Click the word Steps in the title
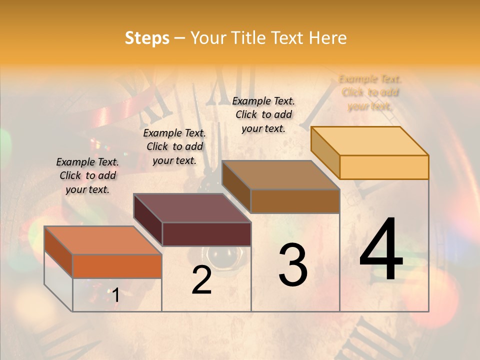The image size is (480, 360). pyautogui.click(x=147, y=38)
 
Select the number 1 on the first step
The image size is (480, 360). pyautogui.click(x=115, y=295)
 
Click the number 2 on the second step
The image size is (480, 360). pyautogui.click(x=201, y=280)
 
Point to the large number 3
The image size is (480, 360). pyautogui.click(x=293, y=265)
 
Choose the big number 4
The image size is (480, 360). pyautogui.click(x=381, y=250)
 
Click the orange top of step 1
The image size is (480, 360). pyautogui.click(x=103, y=240)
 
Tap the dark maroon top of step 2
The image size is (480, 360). pyautogui.click(x=192, y=208)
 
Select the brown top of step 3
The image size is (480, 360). pyautogui.click(x=280, y=175)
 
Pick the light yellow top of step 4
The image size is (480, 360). pyautogui.click(x=370, y=141)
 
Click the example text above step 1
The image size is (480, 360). pyautogui.click(x=87, y=175)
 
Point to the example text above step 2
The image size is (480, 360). pyautogui.click(x=174, y=146)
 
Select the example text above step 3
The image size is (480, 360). pyautogui.click(x=263, y=114)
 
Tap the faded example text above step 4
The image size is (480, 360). pyautogui.click(x=370, y=92)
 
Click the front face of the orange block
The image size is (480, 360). pyautogui.click(x=117, y=266)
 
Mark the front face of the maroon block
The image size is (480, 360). pyautogui.click(x=206, y=234)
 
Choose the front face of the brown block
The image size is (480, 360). pyautogui.click(x=295, y=201)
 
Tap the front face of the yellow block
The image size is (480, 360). pyautogui.click(x=384, y=167)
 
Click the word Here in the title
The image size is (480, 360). pyautogui.click(x=328, y=38)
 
